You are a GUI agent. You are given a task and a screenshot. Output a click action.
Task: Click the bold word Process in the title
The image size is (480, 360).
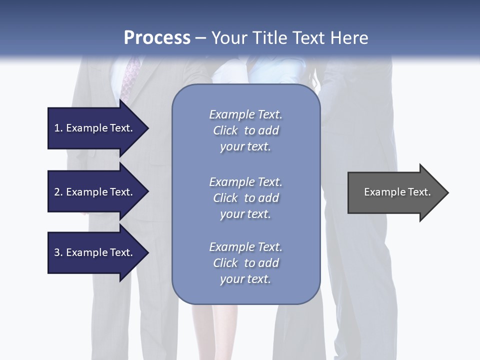[x=157, y=38]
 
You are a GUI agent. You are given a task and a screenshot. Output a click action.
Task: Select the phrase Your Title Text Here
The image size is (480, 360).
[x=289, y=38]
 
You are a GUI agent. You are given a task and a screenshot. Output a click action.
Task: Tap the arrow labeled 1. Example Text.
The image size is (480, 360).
[x=95, y=128]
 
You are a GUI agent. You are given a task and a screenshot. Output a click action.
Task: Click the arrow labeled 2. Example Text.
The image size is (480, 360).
[x=95, y=192]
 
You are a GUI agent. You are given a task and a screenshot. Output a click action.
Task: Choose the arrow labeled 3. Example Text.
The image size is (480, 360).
[x=95, y=252]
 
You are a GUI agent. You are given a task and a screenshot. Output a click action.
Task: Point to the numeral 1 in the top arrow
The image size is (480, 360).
[x=56, y=128]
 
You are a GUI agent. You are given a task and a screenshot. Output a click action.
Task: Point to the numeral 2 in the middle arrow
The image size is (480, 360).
[x=57, y=192]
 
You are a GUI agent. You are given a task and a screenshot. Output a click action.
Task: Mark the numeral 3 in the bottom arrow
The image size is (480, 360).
[x=57, y=252]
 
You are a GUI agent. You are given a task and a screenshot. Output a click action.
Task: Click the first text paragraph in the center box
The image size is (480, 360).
[x=245, y=130]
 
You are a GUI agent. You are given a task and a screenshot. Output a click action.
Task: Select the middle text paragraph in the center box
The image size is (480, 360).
[x=245, y=198]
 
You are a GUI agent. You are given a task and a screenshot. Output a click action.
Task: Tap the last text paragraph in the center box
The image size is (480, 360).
[x=245, y=263]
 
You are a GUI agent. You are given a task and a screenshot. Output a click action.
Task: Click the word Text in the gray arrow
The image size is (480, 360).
[x=419, y=192]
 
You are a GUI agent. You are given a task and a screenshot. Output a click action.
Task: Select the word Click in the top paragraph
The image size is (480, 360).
[x=225, y=130]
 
